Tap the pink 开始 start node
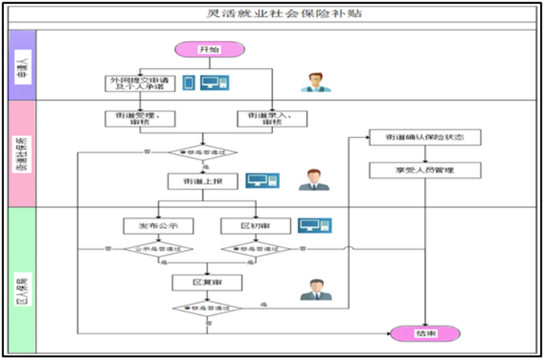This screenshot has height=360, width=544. tap(209, 50)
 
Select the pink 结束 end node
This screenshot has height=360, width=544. tap(426, 333)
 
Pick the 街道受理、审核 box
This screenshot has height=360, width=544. tap(139, 118)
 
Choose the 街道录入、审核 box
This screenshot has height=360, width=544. tap(272, 118)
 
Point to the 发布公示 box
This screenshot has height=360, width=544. tap(159, 225)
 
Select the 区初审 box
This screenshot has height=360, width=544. tap(255, 225)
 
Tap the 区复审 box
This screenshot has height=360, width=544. tap(207, 283)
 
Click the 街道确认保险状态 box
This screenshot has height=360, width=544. tap(426, 138)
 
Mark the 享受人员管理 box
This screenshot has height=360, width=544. tap(426, 169)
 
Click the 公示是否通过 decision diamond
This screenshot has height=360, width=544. tap(159, 249)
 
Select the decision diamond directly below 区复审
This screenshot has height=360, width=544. tap(207, 308)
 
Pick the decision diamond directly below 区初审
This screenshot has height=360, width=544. tap(255, 249)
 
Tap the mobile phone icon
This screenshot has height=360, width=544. tap(188, 82)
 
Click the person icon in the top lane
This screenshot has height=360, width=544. tap(315, 82)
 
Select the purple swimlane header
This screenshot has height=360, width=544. tap(22, 66)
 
